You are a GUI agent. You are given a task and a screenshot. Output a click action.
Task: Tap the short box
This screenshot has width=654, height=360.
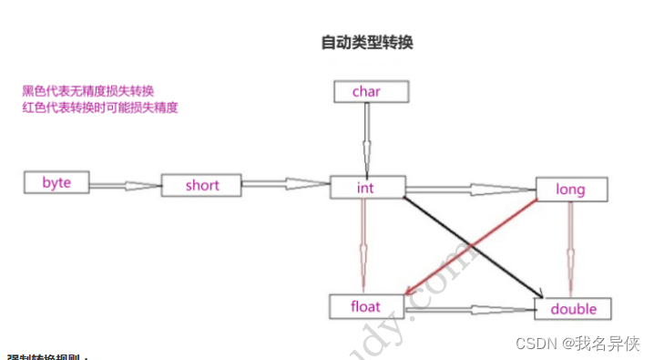coord(201,185)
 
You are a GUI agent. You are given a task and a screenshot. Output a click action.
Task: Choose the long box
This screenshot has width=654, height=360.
coord(571,190)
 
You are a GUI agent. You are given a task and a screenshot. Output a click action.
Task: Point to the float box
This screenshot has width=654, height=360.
coord(366,307)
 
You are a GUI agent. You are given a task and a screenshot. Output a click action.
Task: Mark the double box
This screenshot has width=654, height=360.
coord(575,309)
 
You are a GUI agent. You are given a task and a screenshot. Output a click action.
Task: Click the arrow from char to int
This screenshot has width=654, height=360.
coord(366,137)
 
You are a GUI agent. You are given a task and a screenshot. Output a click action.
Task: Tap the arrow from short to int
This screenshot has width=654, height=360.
coord(285,185)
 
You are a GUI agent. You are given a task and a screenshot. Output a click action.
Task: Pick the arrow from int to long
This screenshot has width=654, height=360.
coord(469,190)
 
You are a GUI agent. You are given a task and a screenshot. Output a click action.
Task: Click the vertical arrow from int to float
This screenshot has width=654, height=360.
coord(363,246)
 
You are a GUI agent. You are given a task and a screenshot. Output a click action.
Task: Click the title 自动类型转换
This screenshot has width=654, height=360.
coord(367,42)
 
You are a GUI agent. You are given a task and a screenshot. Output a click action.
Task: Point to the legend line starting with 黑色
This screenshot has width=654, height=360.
coord(88,91)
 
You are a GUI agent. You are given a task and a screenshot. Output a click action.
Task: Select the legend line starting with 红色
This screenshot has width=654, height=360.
coord(100,108)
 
